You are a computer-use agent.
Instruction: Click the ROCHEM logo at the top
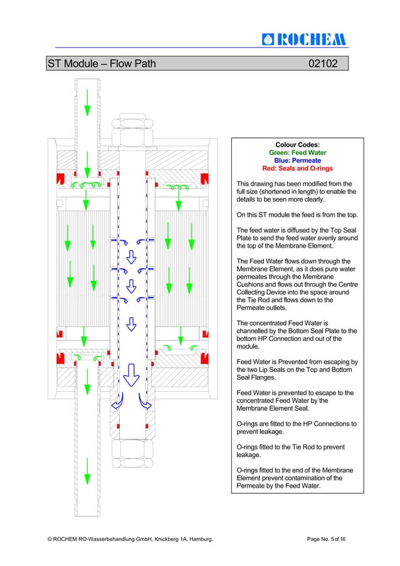[x=303, y=39]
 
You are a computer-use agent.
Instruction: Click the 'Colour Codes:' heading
[x=297, y=144]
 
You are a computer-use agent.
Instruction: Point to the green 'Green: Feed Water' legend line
[x=297, y=152]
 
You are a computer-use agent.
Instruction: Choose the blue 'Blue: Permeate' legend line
[x=297, y=160]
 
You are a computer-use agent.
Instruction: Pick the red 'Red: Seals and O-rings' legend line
[x=297, y=169]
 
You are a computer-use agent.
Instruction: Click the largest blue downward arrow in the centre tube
[x=131, y=374]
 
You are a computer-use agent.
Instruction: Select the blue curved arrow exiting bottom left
[x=117, y=402]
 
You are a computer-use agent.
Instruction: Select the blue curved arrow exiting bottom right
[x=145, y=402]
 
